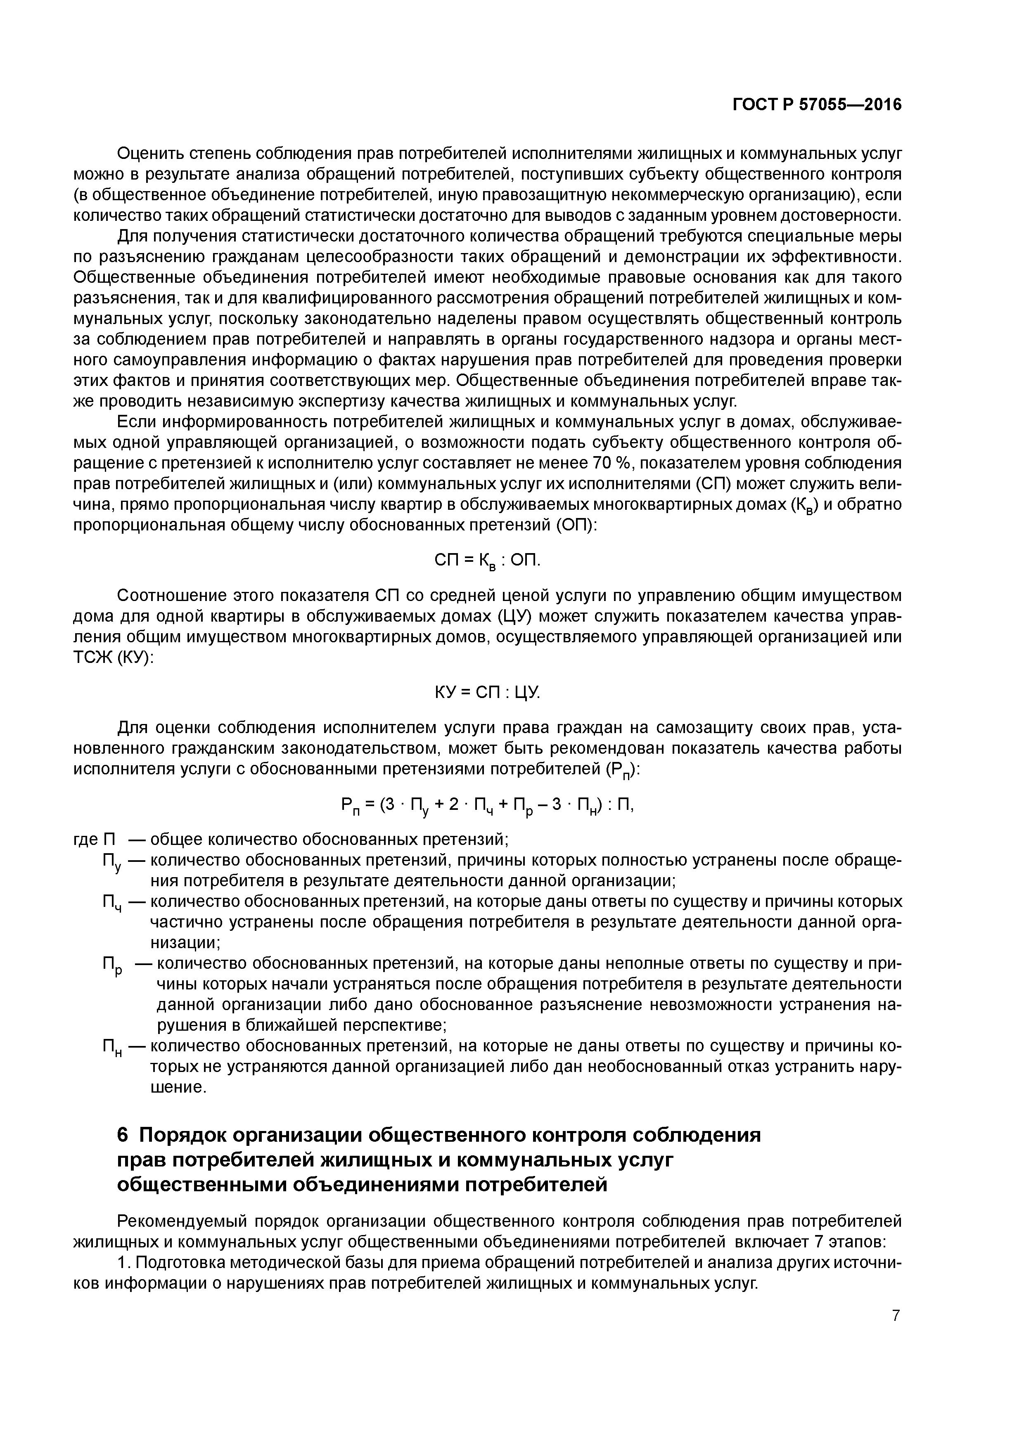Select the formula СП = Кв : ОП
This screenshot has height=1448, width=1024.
[488, 561]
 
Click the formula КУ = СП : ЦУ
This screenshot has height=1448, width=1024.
[488, 693]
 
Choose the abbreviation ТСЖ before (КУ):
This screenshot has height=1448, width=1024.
[92, 658]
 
